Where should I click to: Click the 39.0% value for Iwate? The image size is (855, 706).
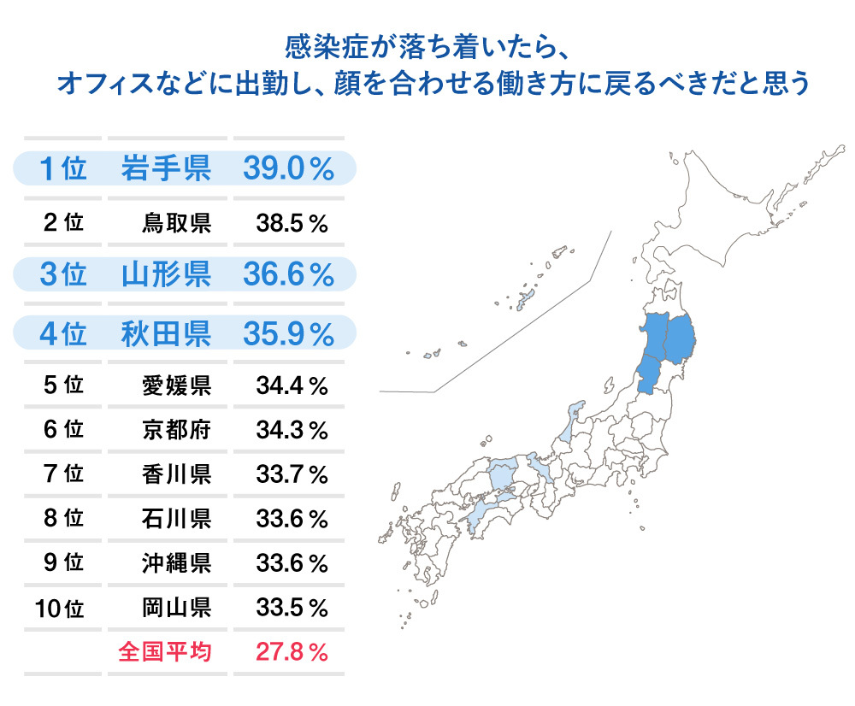click(288, 168)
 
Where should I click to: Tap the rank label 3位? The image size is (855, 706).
click(62, 275)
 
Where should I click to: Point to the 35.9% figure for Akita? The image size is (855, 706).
click(288, 333)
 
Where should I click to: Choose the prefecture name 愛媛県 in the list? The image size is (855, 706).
click(177, 386)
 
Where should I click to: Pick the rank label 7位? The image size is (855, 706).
click(62, 473)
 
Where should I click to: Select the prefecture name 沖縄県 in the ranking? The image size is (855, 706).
click(177, 563)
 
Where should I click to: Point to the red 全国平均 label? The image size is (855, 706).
click(165, 653)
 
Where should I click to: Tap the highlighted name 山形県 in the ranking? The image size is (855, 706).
click(165, 275)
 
